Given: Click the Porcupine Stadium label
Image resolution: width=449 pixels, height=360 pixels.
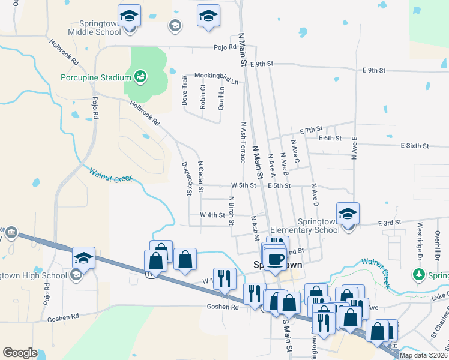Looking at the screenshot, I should [95, 77].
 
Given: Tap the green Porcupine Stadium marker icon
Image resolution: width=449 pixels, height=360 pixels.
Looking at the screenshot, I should [140, 76].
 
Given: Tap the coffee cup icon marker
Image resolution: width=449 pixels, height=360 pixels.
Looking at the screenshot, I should [276, 259].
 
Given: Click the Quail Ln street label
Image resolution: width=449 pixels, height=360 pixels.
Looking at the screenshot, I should [221, 95].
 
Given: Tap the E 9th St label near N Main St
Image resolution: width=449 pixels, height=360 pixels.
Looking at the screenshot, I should [262, 63].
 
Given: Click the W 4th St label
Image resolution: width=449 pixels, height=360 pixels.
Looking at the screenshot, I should [212, 214].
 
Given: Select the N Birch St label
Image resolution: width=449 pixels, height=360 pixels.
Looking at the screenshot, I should [231, 210].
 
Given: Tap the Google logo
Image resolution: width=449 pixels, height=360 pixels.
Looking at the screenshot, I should [20, 352].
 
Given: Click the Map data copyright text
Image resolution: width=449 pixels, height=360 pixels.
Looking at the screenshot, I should [423, 355].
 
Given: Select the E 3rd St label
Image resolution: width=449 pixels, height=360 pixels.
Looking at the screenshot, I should [389, 223].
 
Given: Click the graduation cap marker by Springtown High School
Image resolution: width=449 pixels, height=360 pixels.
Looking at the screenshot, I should [83, 258].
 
